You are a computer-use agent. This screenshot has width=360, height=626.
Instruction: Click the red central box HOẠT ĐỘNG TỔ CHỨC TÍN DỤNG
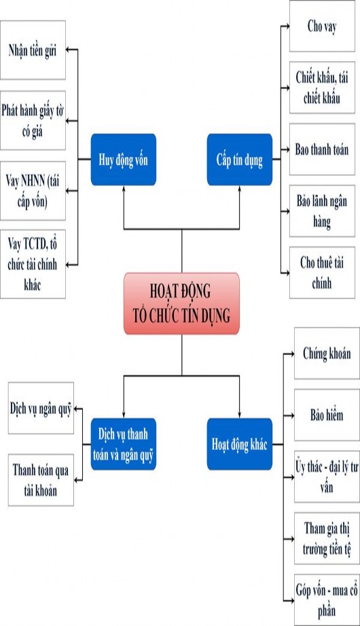[181, 303]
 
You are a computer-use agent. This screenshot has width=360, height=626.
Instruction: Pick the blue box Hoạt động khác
[239, 445]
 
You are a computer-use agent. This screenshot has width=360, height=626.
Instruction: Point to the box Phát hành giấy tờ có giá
[33, 120]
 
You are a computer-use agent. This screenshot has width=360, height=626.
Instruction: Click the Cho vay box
[323, 27]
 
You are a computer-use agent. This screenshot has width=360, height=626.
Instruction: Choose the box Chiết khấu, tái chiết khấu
[323, 88]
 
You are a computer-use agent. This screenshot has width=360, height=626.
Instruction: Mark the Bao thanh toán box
[323, 149]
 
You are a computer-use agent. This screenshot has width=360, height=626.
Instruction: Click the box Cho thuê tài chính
[323, 272]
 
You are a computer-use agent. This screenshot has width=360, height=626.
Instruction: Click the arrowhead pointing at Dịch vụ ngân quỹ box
[75, 408]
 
